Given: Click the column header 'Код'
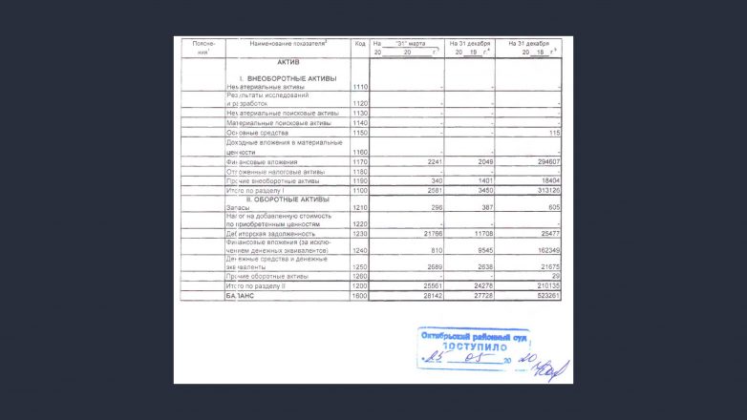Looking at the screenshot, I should pyautogui.click(x=359, y=44).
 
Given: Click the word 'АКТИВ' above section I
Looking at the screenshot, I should pyautogui.click(x=288, y=62).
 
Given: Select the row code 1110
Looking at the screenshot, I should pyautogui.click(x=359, y=88).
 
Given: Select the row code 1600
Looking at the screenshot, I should pyautogui.click(x=359, y=296).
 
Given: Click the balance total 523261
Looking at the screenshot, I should pyautogui.click(x=544, y=296).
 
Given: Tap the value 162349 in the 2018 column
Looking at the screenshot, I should pyautogui.click(x=544, y=251).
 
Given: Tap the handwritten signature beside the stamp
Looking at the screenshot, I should pyautogui.click(x=552, y=365).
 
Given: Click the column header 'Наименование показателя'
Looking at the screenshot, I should pyautogui.click(x=288, y=44).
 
